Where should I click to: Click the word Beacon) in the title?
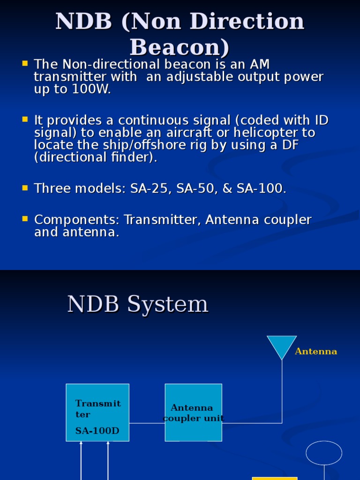(x=180, y=47)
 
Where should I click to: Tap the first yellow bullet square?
(x=25, y=63)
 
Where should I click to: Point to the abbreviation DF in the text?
(x=290, y=145)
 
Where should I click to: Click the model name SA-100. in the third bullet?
(x=262, y=189)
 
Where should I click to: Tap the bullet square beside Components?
(x=25, y=219)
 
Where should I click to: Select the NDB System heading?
(x=138, y=304)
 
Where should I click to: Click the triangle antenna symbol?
(x=282, y=345)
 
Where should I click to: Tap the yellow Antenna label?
(x=316, y=352)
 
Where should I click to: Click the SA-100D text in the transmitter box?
(x=97, y=431)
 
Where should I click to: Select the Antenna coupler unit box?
(x=193, y=412)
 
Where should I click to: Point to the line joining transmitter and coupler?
(x=147, y=423)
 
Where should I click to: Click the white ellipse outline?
(x=324, y=453)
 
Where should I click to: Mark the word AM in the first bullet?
(x=260, y=64)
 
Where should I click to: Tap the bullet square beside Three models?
(x=25, y=188)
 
